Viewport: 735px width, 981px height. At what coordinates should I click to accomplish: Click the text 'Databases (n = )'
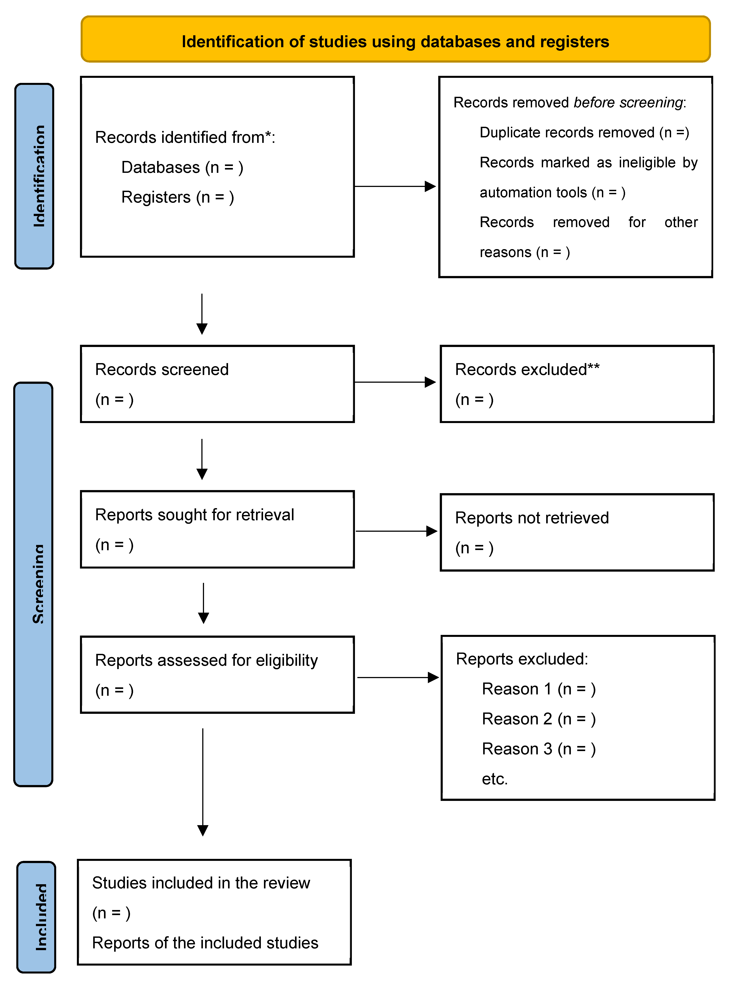tap(182, 168)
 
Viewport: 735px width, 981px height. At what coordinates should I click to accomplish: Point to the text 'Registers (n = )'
tap(177, 197)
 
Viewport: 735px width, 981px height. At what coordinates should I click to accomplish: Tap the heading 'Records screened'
tap(162, 369)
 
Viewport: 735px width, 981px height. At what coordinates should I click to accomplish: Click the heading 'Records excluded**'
tap(527, 369)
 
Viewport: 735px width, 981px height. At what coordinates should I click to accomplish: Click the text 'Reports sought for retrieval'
tap(195, 515)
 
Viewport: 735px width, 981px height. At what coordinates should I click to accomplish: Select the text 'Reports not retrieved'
tap(531, 518)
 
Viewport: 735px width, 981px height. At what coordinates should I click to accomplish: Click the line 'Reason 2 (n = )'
tap(539, 719)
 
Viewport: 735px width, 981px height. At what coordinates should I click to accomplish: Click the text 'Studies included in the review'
tap(201, 883)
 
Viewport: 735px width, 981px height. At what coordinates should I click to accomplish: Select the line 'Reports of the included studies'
tap(205, 943)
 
